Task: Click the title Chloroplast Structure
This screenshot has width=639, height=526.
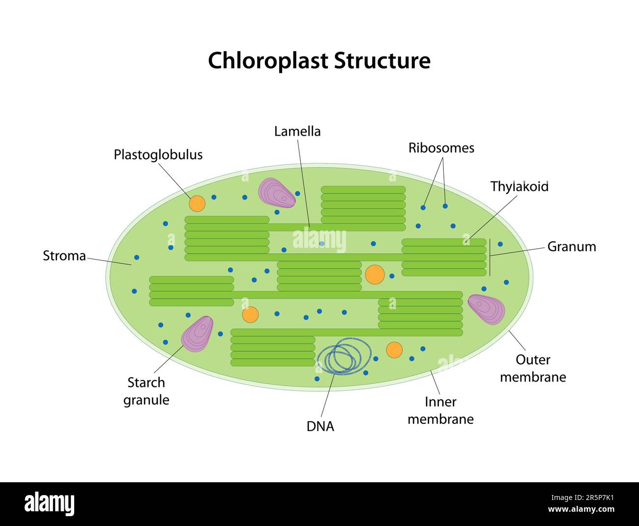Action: click(319, 61)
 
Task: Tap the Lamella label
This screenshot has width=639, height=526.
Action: click(297, 131)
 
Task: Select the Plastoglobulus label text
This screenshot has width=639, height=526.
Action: click(158, 154)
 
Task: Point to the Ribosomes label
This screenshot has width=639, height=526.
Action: click(441, 148)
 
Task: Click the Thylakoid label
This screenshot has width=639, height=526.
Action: click(519, 187)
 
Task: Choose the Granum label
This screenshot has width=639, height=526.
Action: click(571, 247)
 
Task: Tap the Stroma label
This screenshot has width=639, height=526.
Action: click(64, 256)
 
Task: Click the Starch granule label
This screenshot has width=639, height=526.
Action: click(146, 391)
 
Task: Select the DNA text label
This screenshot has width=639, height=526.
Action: click(320, 426)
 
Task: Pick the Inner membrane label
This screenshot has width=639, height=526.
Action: click(440, 410)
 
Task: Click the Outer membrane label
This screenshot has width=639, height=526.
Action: click(533, 368)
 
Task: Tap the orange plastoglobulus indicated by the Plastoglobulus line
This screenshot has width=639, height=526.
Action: click(197, 204)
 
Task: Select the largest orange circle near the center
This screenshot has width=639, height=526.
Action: click(375, 274)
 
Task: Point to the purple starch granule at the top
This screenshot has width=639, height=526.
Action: click(276, 193)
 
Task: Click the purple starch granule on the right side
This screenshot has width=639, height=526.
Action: click(486, 309)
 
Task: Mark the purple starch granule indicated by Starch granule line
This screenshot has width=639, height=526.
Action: click(198, 334)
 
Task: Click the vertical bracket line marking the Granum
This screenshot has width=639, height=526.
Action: click(490, 257)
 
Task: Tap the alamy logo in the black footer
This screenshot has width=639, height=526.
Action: click(49, 504)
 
